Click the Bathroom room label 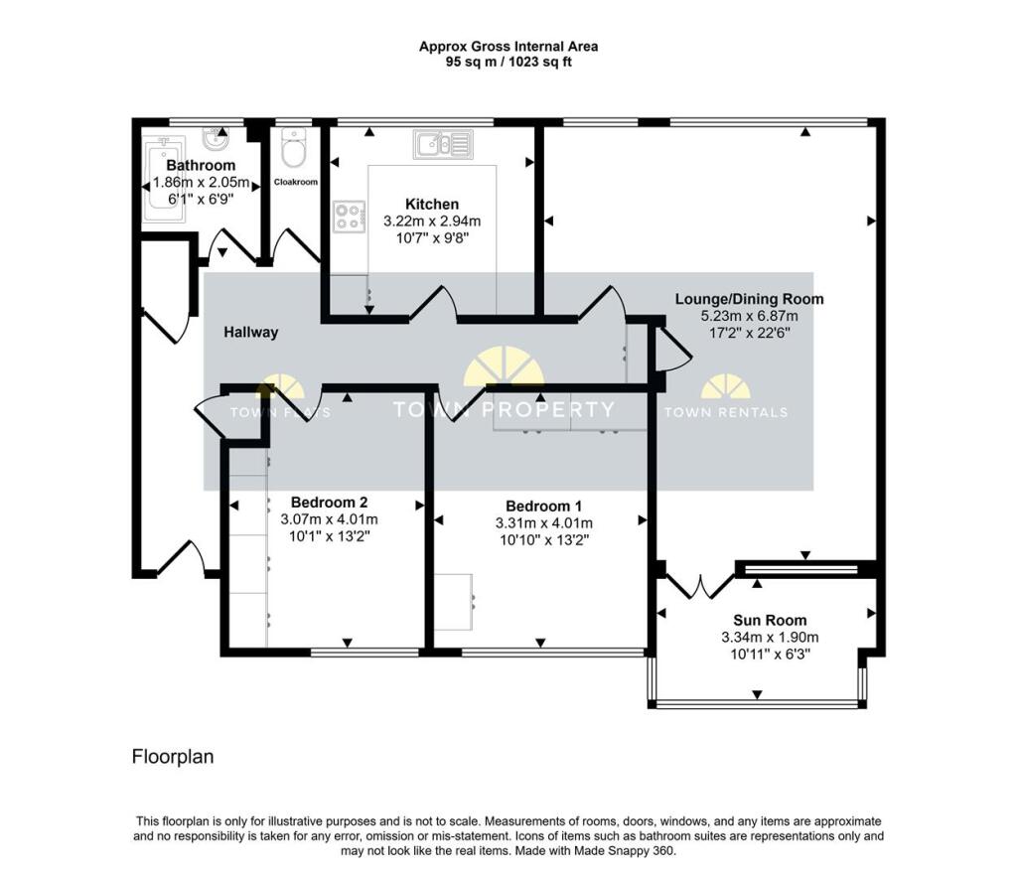(x=201, y=165)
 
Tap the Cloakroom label (x=295, y=182)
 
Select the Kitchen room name (x=432, y=204)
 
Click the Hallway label (x=250, y=333)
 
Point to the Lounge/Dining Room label (x=749, y=299)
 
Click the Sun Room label (x=770, y=620)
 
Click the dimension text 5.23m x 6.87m (x=749, y=316)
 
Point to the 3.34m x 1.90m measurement (x=770, y=637)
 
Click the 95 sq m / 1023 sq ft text (x=508, y=62)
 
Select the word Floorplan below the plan (x=173, y=757)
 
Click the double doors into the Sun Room (x=695, y=586)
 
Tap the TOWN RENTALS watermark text (x=725, y=412)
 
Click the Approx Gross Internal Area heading (x=508, y=46)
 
